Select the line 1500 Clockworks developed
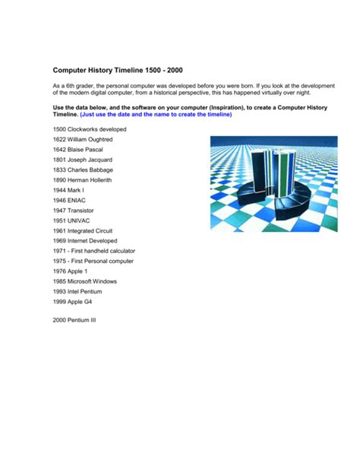click(90, 130)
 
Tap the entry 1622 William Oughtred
click(83, 140)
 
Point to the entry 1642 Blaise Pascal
click(79, 150)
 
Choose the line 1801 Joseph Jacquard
click(82, 160)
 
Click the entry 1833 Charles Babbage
click(83, 170)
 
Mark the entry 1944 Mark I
click(71, 191)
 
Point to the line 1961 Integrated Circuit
click(86, 231)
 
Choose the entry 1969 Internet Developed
click(87, 241)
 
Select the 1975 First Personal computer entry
click(93, 261)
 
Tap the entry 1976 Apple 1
click(71, 271)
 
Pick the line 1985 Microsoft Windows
click(87, 281)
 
